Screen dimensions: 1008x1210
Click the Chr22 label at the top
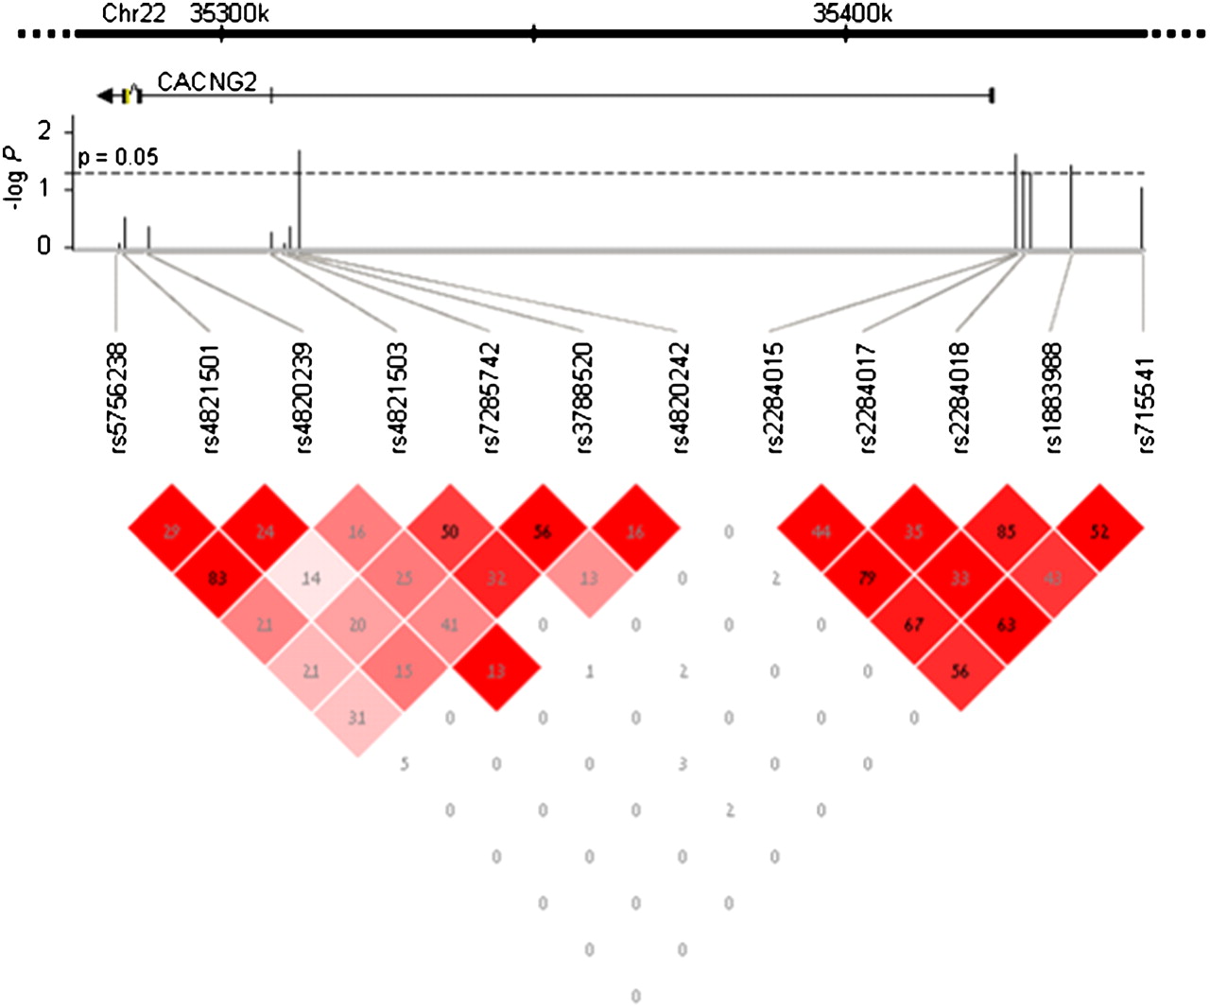click(132, 13)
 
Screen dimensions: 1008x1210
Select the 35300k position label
click(229, 13)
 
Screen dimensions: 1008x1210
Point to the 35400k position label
click(852, 13)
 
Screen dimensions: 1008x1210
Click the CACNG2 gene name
click(206, 82)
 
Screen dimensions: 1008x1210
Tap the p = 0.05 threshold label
click(118, 157)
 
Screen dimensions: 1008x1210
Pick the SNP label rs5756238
click(118, 397)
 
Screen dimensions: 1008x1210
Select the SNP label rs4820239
click(303, 397)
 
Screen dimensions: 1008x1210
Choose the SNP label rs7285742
click(491, 397)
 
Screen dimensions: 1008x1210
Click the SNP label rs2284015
click(774, 397)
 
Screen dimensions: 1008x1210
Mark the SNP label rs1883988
click(1054, 397)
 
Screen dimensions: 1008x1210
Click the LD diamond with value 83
click(217, 578)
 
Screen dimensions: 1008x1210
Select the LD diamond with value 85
click(1006, 531)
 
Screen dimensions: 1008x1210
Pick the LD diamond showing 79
click(867, 578)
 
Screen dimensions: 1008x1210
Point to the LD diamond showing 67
click(913, 624)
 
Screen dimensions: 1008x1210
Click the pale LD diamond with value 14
click(311, 578)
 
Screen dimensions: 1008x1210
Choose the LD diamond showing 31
click(357, 717)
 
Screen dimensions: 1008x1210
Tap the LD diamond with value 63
click(1006, 624)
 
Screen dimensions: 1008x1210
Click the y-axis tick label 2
click(43, 130)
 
